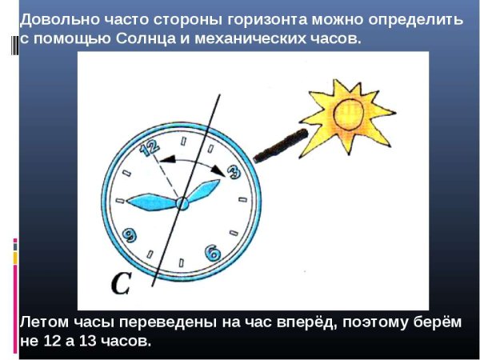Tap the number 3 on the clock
pyautogui.click(x=234, y=170)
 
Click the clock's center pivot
pyautogui.click(x=182, y=204)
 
